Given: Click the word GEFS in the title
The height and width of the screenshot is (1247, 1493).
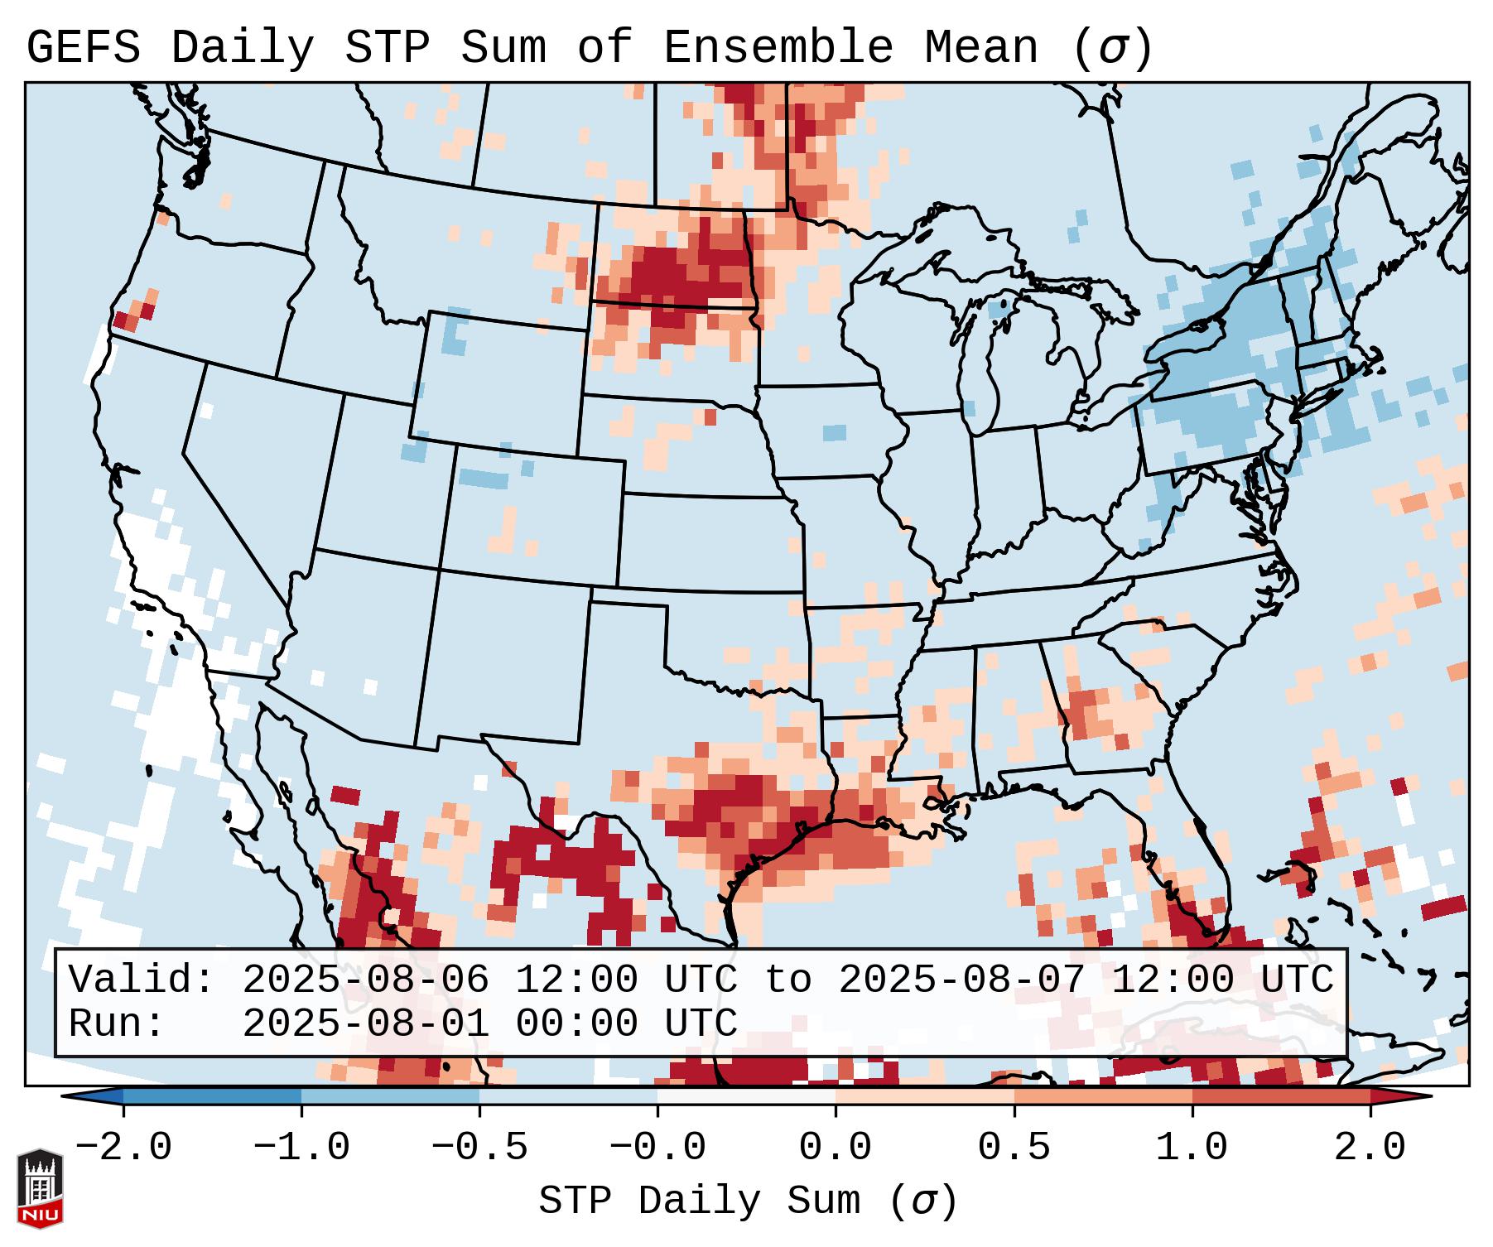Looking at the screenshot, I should pos(83,48).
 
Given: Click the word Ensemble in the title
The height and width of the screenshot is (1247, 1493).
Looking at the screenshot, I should pos(778,48).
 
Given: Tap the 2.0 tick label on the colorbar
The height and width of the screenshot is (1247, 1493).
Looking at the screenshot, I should pos(1370,1148).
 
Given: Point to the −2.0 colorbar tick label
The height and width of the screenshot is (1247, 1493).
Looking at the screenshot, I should pos(123,1148).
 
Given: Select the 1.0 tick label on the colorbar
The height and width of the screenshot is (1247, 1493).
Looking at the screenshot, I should pos(1192,1148).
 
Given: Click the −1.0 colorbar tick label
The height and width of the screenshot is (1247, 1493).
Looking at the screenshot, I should pos(301,1148).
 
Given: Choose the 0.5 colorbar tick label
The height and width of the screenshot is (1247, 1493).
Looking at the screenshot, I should pos(1014,1148).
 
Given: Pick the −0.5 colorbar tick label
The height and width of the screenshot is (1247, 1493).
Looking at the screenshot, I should pos(479,1148).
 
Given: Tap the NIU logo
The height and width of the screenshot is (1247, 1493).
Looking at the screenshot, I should pos(40,1187).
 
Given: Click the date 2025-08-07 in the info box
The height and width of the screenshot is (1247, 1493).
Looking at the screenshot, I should pos(961,980).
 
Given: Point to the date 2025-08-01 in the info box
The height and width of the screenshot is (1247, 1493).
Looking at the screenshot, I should pos(365,1023).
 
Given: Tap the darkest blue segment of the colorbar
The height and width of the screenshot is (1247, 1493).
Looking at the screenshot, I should pos(212,1096).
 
